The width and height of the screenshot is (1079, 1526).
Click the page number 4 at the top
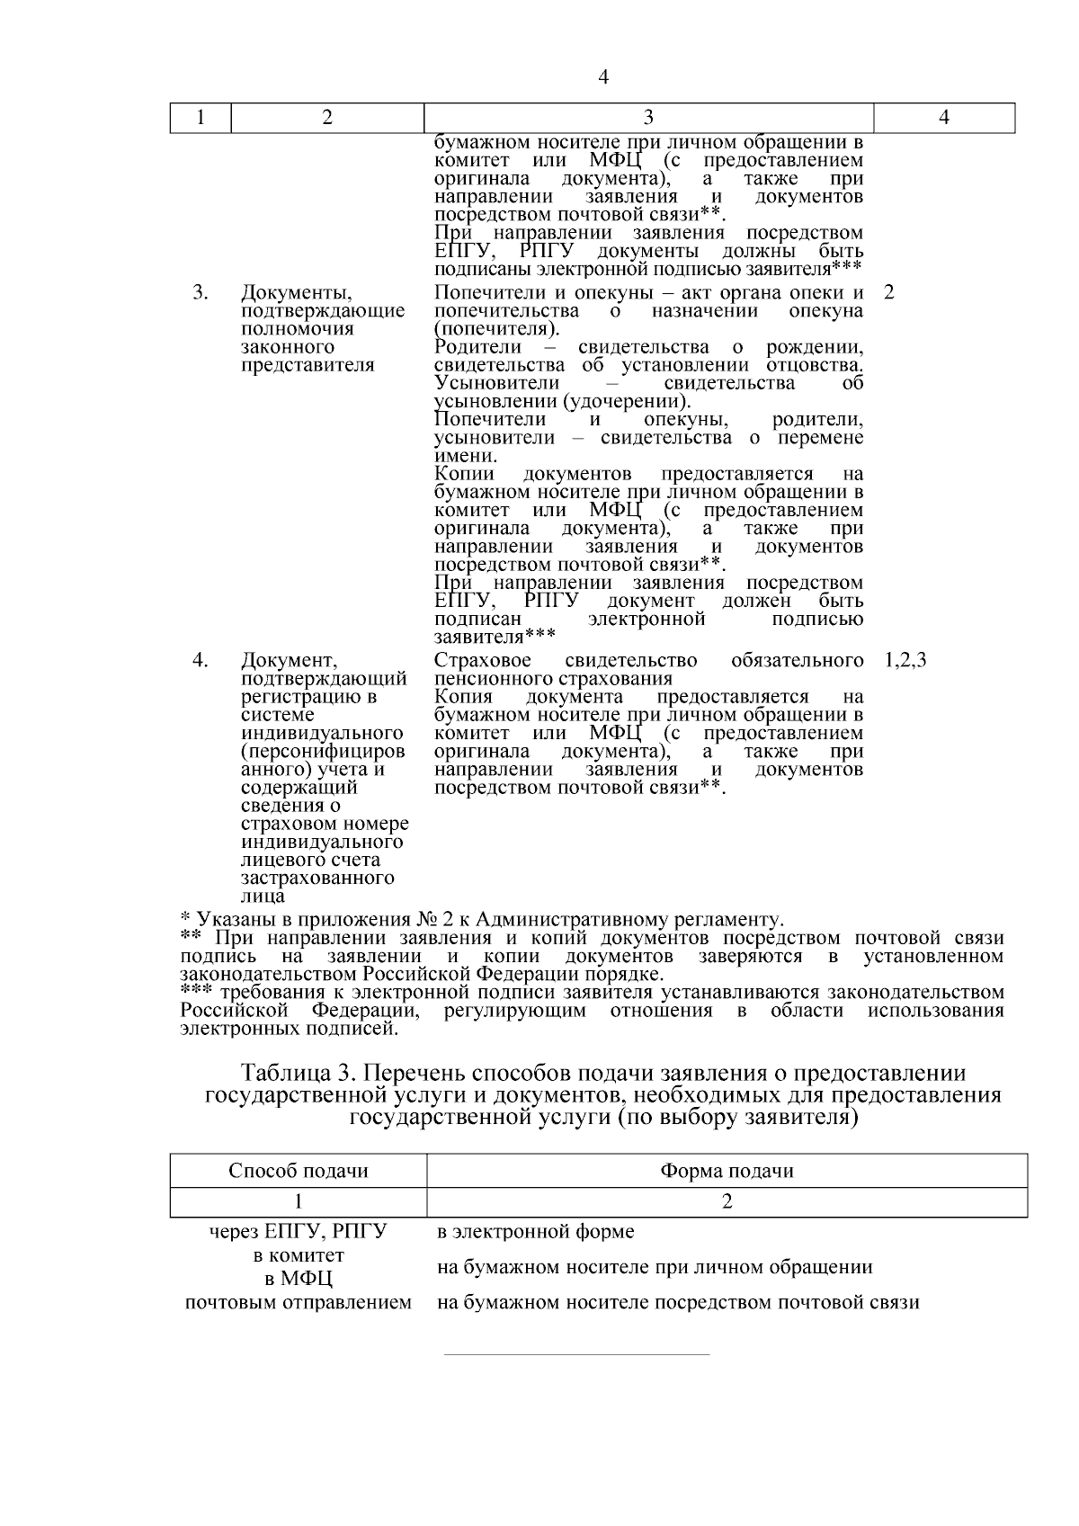tap(603, 78)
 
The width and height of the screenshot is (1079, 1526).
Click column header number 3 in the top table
tap(648, 118)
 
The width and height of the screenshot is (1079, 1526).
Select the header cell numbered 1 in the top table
tap(201, 118)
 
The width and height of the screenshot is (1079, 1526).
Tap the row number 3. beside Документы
tap(201, 293)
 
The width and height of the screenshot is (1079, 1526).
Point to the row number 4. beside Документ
tap(201, 661)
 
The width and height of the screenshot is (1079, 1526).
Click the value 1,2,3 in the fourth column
tap(905, 661)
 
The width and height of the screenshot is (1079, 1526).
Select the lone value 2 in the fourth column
tap(889, 293)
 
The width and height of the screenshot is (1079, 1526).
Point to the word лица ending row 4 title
tap(263, 897)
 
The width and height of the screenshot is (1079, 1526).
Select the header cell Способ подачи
tap(299, 1171)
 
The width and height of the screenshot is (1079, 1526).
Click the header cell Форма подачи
tap(727, 1171)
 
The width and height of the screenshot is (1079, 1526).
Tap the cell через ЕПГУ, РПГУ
tap(299, 1231)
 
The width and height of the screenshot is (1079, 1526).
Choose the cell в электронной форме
tap(535, 1231)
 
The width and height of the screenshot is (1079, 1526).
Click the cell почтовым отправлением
tap(299, 1302)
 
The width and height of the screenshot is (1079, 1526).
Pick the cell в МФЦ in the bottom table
tap(299, 1279)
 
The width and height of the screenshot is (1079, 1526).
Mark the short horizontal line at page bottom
tap(576, 1354)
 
